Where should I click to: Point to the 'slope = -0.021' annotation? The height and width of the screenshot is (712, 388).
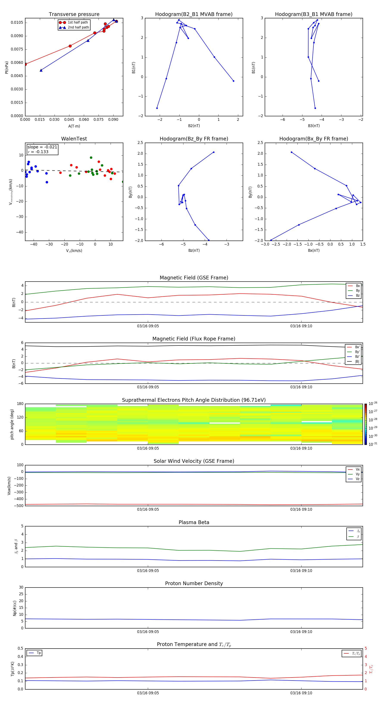click(42, 147)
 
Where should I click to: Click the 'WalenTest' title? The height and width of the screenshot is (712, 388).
click(74, 139)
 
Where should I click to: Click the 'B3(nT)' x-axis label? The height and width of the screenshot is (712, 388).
click(314, 126)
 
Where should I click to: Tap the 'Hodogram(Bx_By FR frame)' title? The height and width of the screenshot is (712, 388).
click(313, 139)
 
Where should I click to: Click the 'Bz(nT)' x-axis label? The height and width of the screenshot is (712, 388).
click(194, 250)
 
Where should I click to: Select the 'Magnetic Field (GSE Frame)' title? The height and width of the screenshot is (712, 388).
click(194, 278)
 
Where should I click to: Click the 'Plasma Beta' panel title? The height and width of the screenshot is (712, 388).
click(194, 522)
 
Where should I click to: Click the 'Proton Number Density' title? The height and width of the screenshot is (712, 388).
click(194, 583)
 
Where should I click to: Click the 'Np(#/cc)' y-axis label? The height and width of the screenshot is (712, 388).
click(15, 608)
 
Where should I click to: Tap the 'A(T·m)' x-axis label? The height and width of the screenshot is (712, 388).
click(74, 126)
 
